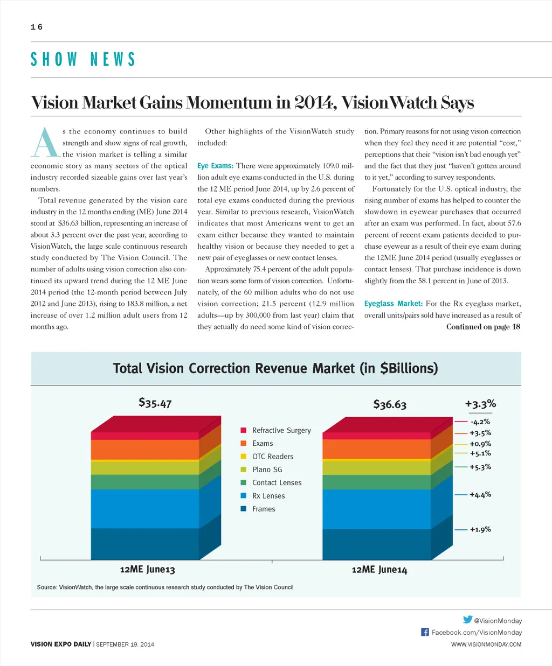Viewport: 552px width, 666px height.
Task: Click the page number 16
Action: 37,27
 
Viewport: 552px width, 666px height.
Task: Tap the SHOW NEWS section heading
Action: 82,59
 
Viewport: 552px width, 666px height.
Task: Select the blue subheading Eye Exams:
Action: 215,166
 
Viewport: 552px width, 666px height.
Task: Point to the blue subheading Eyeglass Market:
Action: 393,304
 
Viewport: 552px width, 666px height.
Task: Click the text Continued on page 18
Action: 483,327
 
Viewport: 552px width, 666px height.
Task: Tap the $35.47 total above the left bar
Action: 155,403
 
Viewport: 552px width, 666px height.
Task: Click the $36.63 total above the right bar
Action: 390,404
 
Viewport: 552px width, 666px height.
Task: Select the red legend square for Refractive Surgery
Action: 243,430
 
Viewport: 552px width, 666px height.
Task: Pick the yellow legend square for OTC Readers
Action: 243,456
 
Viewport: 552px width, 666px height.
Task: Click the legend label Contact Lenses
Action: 277,483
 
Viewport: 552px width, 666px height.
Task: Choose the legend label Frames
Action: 264,509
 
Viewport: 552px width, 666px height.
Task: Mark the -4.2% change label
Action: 480,422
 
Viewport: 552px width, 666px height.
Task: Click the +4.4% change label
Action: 480,494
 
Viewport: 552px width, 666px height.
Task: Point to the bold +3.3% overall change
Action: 480,404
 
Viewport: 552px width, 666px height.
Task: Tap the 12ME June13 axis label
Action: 147,570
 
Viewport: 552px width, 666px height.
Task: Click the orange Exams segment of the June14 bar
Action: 376,449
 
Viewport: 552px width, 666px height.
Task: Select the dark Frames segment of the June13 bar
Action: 144,544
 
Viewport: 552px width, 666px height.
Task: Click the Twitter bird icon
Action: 467,620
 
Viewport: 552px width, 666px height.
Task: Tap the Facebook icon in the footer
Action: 425,632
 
